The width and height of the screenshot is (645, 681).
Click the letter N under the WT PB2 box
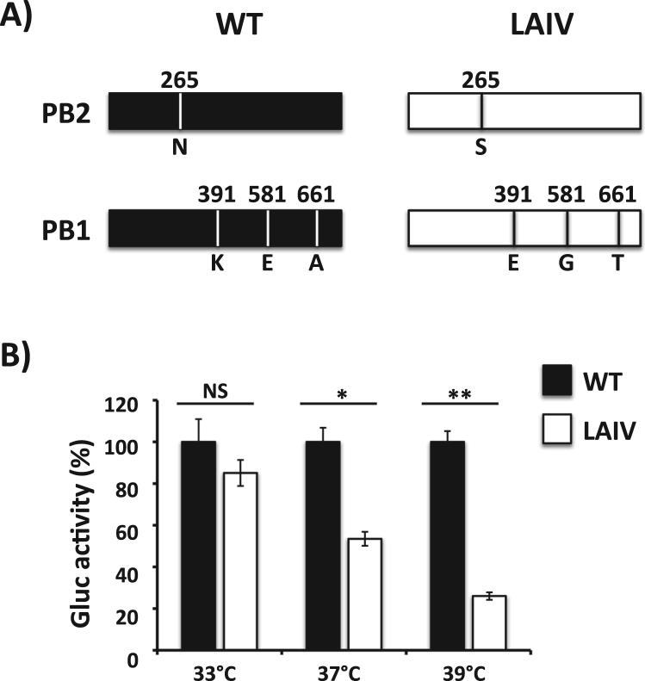click(179, 146)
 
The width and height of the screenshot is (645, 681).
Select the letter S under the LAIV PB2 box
click(481, 146)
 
